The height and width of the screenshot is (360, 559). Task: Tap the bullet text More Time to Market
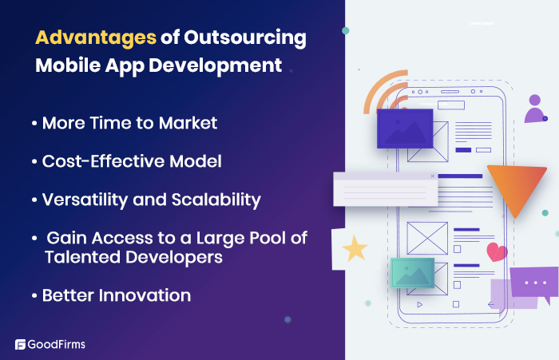click(x=129, y=125)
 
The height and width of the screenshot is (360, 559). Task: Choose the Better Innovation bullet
click(x=115, y=295)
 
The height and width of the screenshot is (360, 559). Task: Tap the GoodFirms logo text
click(x=57, y=345)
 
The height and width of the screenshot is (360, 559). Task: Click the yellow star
click(x=355, y=249)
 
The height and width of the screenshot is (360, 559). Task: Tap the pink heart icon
click(x=497, y=253)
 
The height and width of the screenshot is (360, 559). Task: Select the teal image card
click(x=412, y=273)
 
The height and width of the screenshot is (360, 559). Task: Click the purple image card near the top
click(x=404, y=129)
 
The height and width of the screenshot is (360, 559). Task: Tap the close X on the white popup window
click(x=432, y=176)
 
